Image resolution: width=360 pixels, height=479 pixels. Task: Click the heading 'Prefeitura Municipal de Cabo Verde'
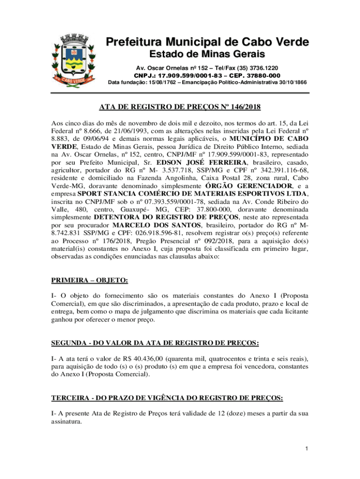207,43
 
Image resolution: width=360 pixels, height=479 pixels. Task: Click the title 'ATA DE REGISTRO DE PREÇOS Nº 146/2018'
180,107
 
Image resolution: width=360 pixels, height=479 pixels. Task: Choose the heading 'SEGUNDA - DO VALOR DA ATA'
155,343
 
